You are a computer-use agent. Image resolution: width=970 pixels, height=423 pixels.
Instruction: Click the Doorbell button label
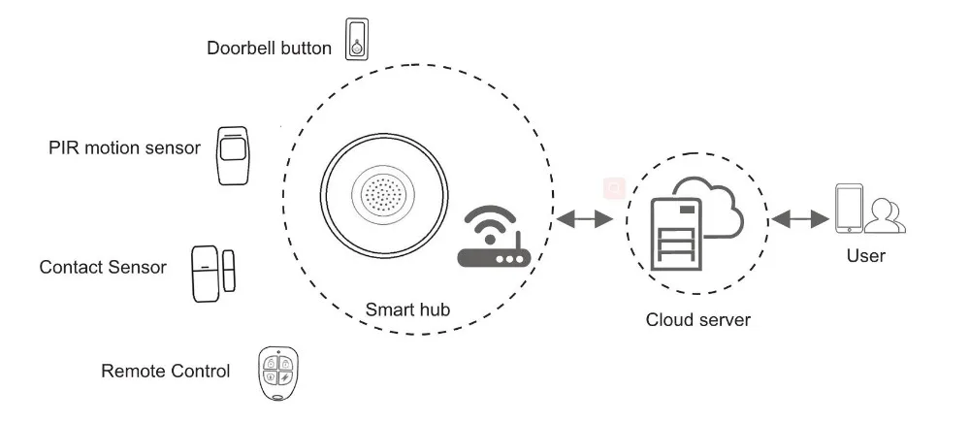coord(269,49)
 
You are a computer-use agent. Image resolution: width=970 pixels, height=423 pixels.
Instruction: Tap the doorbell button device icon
coord(357,39)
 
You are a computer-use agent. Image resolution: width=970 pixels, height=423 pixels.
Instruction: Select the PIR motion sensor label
coord(124,148)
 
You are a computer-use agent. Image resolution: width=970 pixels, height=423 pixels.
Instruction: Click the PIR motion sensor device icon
coord(233,155)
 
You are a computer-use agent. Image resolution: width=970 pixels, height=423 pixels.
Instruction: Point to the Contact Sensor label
coord(103,267)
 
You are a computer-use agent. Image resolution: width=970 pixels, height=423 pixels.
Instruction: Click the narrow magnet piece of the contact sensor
coord(229,271)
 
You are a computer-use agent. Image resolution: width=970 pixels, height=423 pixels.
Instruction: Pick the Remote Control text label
coord(165,371)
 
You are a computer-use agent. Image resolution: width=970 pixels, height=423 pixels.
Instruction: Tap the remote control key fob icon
coord(277,373)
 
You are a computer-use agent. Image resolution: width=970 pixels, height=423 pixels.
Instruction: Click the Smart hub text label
coord(407,309)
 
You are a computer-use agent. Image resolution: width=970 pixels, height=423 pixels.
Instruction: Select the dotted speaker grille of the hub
coord(383,195)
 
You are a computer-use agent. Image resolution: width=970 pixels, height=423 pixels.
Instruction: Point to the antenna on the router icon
coord(517,240)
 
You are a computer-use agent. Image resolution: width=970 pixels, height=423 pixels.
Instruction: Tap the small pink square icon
coord(614,188)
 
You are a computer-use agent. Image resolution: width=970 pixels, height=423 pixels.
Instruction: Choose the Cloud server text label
coord(697,320)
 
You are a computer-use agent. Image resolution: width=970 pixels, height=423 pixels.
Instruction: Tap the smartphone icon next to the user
coord(849,209)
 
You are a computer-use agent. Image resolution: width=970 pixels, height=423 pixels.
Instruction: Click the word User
coord(866,255)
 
